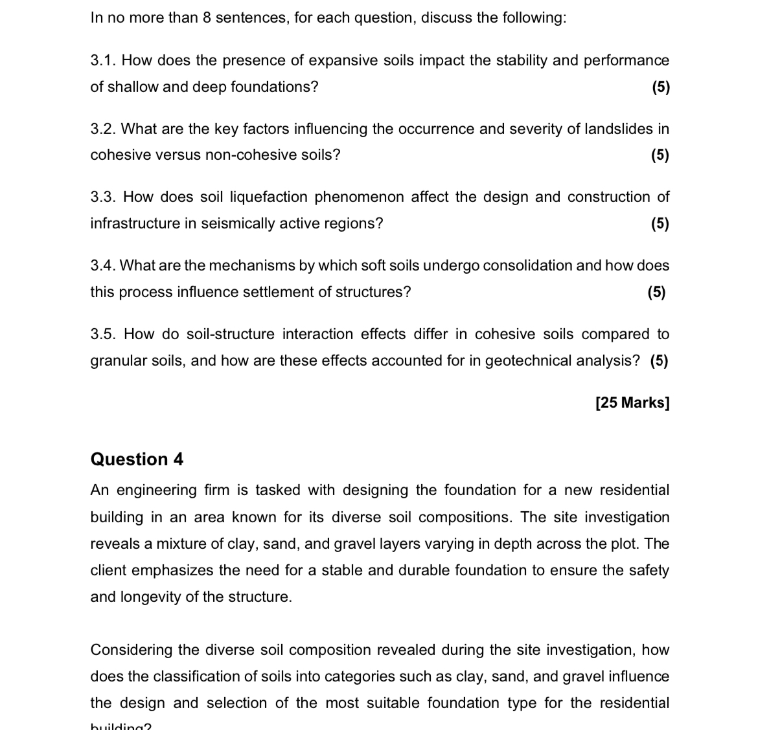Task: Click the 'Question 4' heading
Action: click(137, 459)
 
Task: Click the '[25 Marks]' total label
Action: click(632, 403)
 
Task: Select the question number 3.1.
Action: click(102, 61)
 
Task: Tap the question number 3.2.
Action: click(102, 129)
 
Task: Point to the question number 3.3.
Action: click(102, 197)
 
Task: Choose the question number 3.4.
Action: click(102, 265)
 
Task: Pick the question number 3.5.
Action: click(102, 334)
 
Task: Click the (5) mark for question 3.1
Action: click(660, 87)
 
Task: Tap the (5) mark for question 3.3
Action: click(660, 224)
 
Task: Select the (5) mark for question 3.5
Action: click(659, 360)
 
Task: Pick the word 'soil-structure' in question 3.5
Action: click(230, 334)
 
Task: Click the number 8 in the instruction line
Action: click(207, 17)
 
